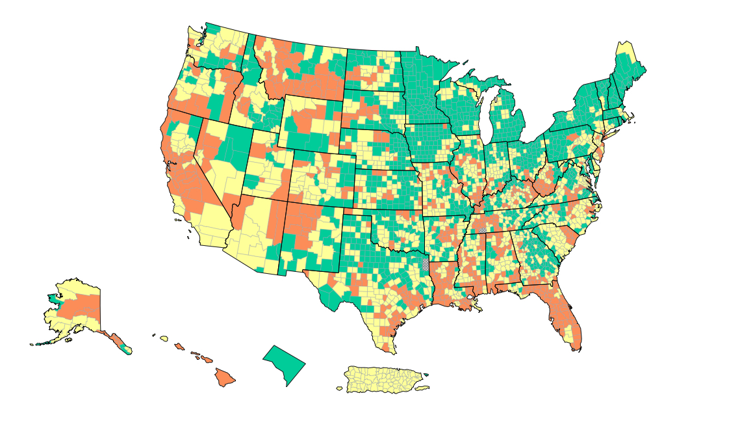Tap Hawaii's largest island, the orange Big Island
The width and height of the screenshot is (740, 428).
pyautogui.click(x=225, y=377)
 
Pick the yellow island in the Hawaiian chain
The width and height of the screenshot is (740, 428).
pyautogui.click(x=164, y=339)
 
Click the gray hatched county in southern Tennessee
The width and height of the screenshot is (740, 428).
pyautogui.click(x=483, y=230)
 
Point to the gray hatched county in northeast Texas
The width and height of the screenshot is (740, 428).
pyautogui.click(x=426, y=264)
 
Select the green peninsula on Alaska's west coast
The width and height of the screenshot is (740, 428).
pyautogui.click(x=53, y=299)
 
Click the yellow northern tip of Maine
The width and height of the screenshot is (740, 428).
pyautogui.click(x=626, y=47)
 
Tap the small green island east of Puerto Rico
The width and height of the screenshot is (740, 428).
pyautogui.click(x=426, y=375)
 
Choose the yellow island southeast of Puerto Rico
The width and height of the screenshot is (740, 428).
pyautogui.click(x=422, y=388)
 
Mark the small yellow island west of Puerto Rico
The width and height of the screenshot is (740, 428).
pyautogui.click(x=339, y=389)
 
